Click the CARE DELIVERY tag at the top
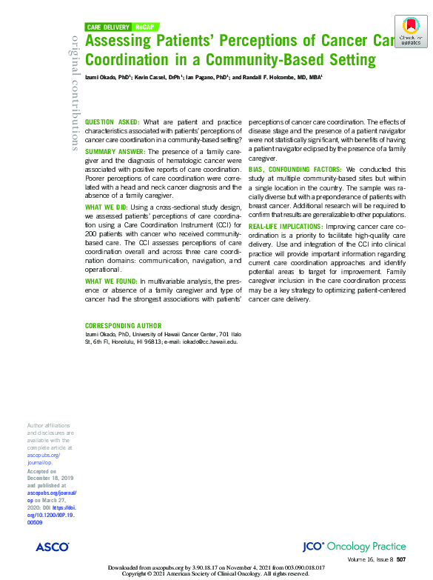point(109,27)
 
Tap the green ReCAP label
point(144,27)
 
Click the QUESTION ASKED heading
point(113,121)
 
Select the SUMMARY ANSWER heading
point(115,151)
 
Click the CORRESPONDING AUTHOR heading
point(123,326)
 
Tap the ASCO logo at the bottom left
point(52,546)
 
